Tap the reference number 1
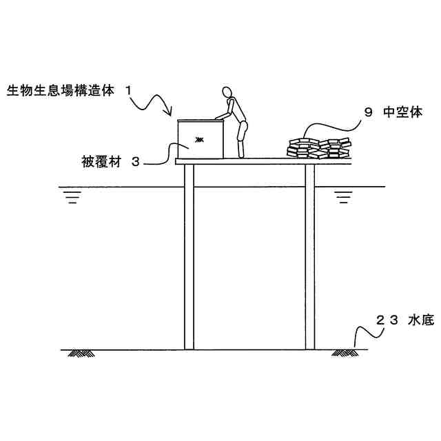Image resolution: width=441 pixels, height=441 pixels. point(129,90)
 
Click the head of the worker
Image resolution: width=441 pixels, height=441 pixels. point(227,92)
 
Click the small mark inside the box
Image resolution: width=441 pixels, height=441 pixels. point(198,140)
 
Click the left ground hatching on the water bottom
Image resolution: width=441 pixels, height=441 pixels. point(81,353)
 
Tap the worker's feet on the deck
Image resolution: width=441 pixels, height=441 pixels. point(241,156)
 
